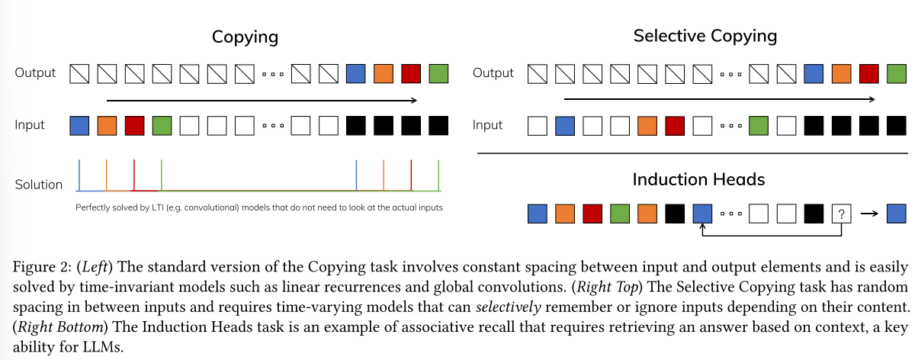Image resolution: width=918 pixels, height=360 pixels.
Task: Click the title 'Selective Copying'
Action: coord(705,36)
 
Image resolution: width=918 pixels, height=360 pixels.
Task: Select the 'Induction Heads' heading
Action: coord(698,180)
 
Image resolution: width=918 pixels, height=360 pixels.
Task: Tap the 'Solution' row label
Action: coord(38,184)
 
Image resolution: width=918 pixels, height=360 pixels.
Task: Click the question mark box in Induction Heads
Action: coord(840,214)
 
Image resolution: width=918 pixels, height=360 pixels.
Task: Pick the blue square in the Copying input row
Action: coord(79,124)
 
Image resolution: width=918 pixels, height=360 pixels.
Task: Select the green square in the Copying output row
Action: coord(438,73)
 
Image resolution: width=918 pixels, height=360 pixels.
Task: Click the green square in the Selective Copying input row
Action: coord(758,124)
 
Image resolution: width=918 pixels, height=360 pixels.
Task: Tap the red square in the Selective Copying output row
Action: coord(868,73)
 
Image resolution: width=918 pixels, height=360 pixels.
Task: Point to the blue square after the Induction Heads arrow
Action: coord(896,214)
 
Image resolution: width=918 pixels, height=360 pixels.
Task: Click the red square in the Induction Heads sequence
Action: coord(592,214)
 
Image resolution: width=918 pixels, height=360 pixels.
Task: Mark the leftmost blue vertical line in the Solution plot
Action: coord(79,175)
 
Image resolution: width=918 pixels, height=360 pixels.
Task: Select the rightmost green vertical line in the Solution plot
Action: coord(438,175)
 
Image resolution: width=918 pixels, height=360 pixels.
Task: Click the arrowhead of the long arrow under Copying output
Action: coord(413,100)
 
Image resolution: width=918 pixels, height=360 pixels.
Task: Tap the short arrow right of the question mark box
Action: coord(868,214)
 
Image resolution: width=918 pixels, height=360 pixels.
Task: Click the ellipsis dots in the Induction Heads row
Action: coord(730,214)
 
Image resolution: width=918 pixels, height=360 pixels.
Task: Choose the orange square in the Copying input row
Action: coord(107,124)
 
